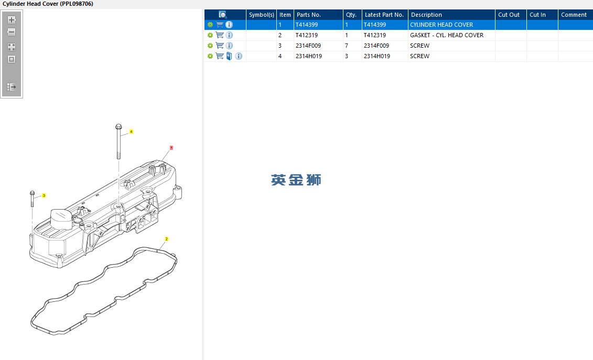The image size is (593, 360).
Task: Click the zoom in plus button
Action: point(12,20)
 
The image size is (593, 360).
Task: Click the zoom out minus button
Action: point(12,32)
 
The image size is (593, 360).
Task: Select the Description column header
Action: point(426,15)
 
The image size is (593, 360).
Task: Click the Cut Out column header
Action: point(509,15)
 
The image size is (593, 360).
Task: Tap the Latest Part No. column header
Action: point(384,15)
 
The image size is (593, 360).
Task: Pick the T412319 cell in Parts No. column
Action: point(307,35)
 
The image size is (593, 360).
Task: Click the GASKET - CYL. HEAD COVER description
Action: point(447,35)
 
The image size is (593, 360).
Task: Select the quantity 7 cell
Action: point(347,46)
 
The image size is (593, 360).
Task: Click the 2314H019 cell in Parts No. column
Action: point(309,56)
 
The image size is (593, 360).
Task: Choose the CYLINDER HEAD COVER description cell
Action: point(441,25)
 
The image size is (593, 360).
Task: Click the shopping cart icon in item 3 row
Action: point(220,46)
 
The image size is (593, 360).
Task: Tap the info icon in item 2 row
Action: point(229,35)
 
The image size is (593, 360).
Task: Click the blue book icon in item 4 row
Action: point(229,56)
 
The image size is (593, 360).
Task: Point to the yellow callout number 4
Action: point(131,132)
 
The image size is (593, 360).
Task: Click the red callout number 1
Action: point(171,148)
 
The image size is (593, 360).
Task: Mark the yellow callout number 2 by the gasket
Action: point(166,239)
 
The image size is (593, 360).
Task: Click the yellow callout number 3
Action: point(44,195)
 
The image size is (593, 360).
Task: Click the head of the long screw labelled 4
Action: point(118,126)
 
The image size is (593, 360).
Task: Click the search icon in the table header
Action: point(223,15)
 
